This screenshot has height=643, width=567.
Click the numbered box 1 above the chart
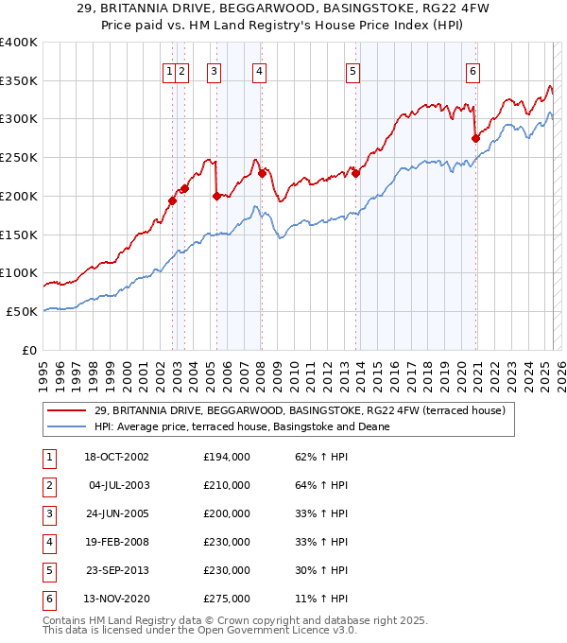pyautogui.click(x=168, y=70)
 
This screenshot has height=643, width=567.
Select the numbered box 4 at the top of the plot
pyautogui.click(x=258, y=70)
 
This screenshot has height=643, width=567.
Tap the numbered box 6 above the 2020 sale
pyautogui.click(x=472, y=70)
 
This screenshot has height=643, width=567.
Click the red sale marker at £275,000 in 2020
pyautogui.click(x=476, y=138)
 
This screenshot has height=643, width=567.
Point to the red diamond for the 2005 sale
pyautogui.click(x=217, y=196)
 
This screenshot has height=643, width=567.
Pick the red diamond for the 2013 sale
pyautogui.click(x=356, y=173)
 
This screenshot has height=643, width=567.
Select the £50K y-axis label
pyautogui.click(x=22, y=311)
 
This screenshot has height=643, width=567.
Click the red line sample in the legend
pyautogui.click(x=68, y=410)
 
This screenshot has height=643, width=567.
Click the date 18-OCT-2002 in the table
pyautogui.click(x=116, y=457)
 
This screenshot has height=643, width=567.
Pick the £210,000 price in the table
pyautogui.click(x=227, y=485)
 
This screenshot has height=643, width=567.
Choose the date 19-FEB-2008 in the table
pyautogui.click(x=116, y=542)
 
